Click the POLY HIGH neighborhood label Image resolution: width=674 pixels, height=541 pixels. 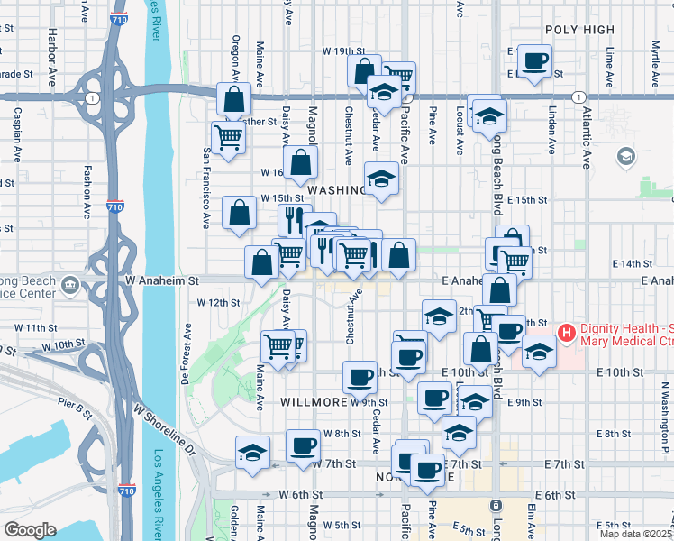[579, 30]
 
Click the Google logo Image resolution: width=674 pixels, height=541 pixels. [30, 529]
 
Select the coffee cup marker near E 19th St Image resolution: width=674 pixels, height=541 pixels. [535, 61]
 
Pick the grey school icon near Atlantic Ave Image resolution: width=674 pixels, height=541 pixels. [624, 157]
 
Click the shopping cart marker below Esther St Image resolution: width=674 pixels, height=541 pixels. [229, 137]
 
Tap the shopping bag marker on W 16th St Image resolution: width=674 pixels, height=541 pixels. [302, 163]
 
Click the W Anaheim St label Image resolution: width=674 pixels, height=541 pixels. [162, 281]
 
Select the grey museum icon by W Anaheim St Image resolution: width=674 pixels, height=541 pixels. [70, 286]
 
